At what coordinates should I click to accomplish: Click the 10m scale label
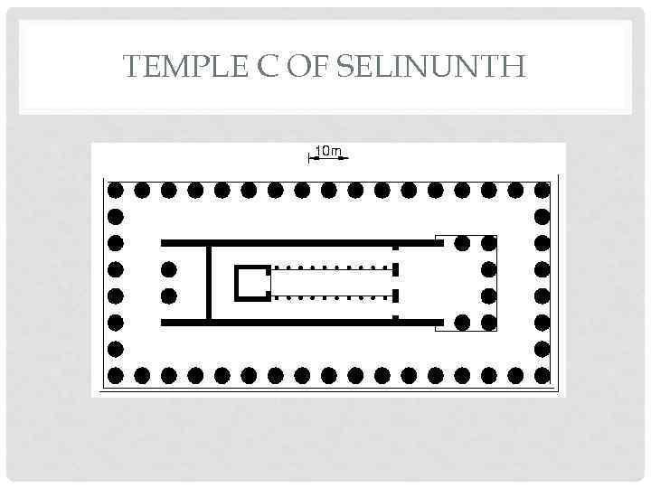click(327, 150)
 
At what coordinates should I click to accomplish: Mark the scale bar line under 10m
click(327, 159)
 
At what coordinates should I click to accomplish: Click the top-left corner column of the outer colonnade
click(115, 191)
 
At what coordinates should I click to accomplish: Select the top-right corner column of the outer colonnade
click(542, 191)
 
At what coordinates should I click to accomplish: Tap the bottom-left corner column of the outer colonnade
click(115, 374)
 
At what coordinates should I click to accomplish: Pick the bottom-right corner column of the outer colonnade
click(542, 374)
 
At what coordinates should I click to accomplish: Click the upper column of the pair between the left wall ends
click(168, 269)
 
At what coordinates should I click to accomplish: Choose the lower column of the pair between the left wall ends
click(168, 296)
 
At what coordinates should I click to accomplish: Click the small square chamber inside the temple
click(252, 283)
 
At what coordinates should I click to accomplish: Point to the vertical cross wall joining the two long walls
click(208, 282)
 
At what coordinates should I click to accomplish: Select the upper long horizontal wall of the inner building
click(298, 243)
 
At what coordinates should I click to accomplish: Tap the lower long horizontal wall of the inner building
click(298, 322)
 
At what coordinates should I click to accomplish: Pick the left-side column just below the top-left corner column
click(115, 217)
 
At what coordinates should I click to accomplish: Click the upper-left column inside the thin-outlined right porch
click(462, 243)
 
